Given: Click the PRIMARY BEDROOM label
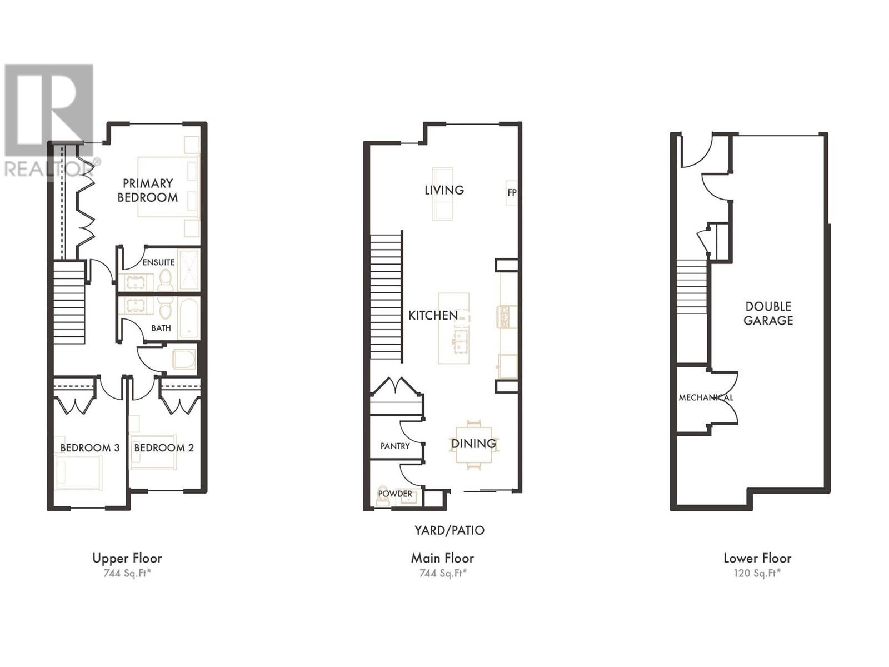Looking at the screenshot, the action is click(x=147, y=190).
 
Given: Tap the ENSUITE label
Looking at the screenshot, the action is click(x=159, y=262).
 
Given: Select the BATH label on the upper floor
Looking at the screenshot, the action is click(x=161, y=328).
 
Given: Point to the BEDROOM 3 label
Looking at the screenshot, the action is click(x=90, y=447).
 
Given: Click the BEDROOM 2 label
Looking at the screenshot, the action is click(x=164, y=447).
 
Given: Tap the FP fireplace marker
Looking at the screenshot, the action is click(x=512, y=192).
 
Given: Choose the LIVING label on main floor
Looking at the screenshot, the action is click(x=444, y=190).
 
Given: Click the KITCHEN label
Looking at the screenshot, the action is click(x=433, y=316).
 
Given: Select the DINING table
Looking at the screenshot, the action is click(x=474, y=445).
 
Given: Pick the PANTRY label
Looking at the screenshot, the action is click(x=395, y=446).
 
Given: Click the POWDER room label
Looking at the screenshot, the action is click(x=395, y=494).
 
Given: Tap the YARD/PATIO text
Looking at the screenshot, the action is click(x=449, y=530).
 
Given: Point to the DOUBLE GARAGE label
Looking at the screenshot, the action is click(x=768, y=313).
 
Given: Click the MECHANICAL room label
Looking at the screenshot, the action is click(x=706, y=397).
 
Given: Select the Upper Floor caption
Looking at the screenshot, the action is click(x=127, y=559).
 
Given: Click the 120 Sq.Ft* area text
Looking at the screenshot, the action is click(x=757, y=573).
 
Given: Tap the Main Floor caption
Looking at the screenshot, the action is click(x=442, y=559).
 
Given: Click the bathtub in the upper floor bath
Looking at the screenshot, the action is click(x=189, y=318).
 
